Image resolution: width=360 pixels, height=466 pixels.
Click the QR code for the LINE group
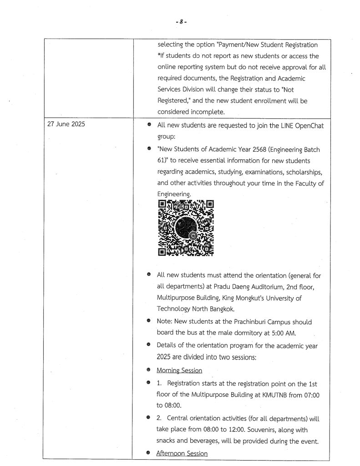(186, 227)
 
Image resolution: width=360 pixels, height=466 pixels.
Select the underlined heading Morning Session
(179, 370)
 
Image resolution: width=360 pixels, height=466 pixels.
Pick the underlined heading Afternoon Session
(182, 453)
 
